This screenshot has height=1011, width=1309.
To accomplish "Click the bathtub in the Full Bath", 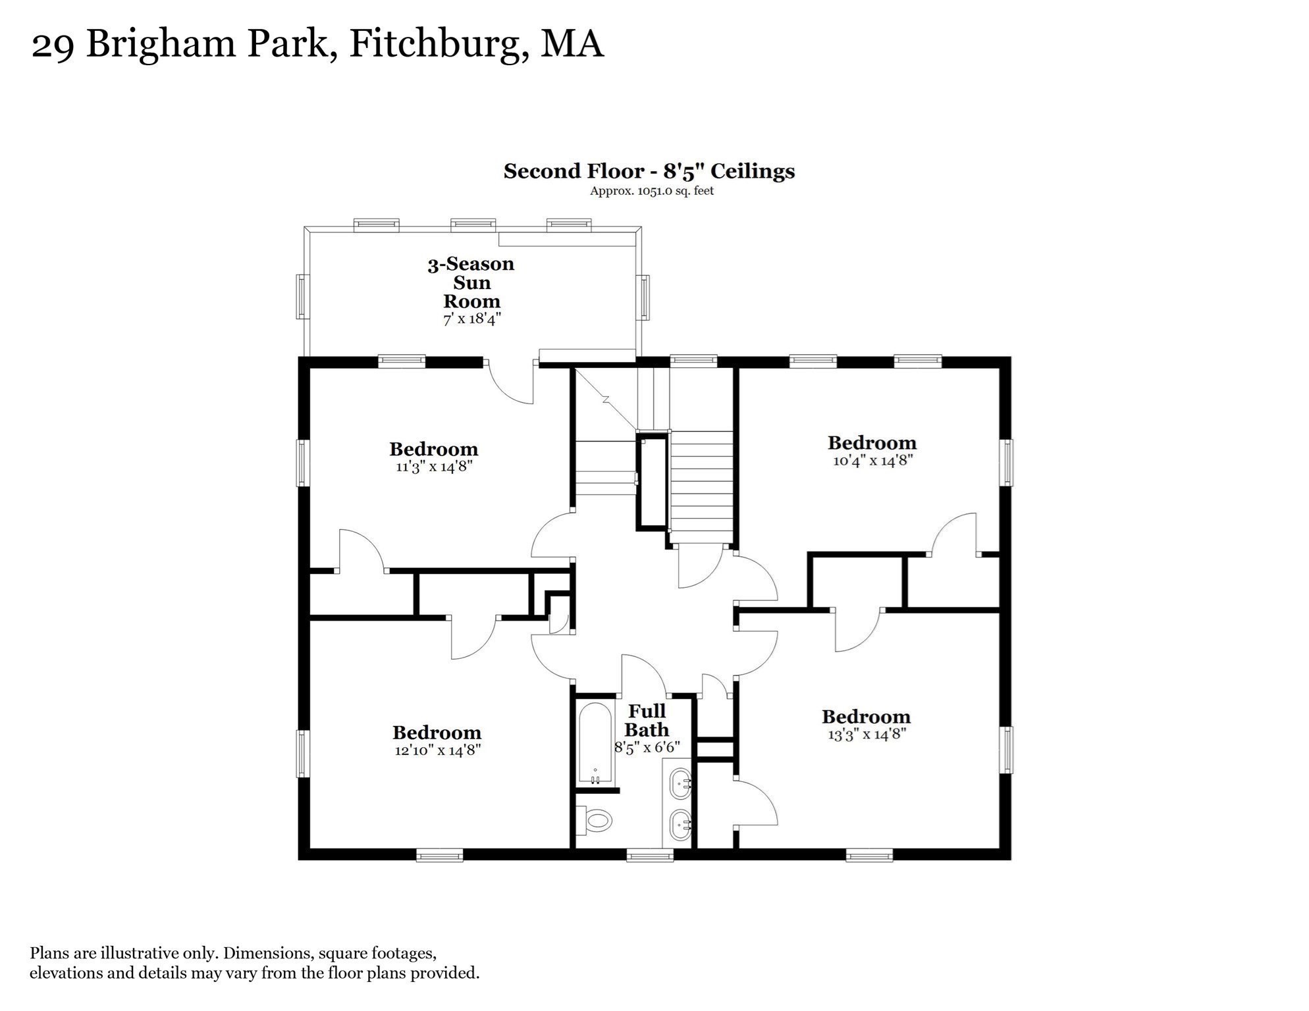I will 595,744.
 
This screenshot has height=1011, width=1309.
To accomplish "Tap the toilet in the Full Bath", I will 597,820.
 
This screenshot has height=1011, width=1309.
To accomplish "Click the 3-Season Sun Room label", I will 471,282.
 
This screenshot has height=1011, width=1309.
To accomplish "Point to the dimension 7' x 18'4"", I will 471,319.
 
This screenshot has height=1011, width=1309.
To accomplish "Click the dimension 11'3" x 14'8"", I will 434,467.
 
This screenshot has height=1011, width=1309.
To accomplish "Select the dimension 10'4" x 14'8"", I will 872,461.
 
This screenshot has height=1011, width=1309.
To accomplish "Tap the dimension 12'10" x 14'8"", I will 437,750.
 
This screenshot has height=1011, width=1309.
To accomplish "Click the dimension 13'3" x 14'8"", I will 867,735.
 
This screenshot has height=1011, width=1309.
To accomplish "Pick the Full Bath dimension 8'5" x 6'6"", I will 647,748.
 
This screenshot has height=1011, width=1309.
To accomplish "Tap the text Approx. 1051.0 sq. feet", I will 651,192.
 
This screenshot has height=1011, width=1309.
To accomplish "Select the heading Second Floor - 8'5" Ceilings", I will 649,171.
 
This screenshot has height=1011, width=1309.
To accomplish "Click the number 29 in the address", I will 52,45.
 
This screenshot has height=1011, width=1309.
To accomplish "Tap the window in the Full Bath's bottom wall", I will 650,855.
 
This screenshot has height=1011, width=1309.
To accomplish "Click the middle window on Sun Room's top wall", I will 473,225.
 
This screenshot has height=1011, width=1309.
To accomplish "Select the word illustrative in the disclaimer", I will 167,953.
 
